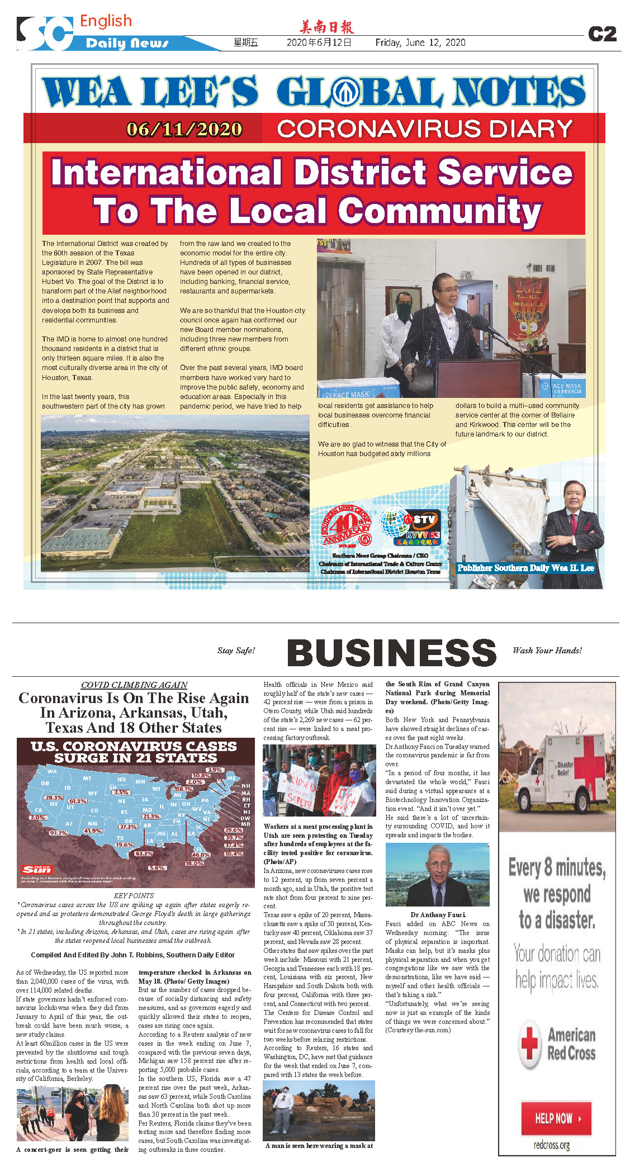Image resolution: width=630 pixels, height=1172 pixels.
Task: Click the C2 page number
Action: coord(602,35)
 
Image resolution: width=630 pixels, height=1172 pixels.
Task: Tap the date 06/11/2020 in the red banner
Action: coord(184,129)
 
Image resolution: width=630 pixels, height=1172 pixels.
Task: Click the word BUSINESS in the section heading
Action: coord(391,652)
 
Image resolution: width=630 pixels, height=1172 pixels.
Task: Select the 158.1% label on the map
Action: coord(183,789)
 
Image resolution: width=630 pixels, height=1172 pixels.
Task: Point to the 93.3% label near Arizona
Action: coord(59,833)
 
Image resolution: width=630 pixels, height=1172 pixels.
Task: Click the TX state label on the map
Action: coord(120,838)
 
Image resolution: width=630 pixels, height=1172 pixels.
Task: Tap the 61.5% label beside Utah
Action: coord(78,801)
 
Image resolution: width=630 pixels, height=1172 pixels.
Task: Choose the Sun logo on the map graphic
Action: coord(36,870)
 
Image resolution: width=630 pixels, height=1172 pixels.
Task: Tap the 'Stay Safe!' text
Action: coord(236,650)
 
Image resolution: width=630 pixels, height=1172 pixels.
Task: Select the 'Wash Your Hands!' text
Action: coord(547,650)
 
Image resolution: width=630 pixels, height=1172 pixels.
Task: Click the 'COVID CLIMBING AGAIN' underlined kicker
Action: coord(134,685)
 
